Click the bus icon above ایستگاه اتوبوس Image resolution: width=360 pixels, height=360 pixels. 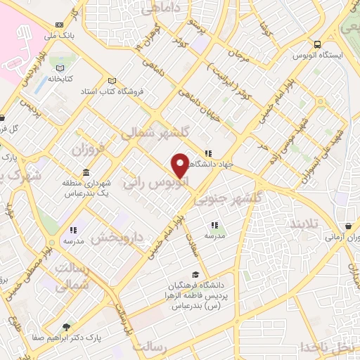[318, 41]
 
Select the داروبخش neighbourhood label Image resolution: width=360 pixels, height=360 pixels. [118, 239]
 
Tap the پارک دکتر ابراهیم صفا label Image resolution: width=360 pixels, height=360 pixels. [66, 337]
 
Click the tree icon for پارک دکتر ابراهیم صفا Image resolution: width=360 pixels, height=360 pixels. [66, 326]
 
